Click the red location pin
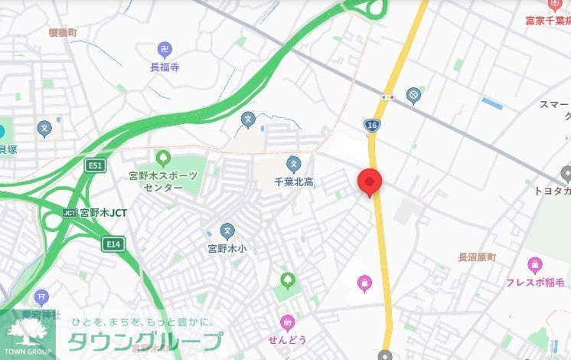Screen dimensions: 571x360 click(x=370, y=182)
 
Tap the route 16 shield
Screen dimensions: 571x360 click(x=373, y=124)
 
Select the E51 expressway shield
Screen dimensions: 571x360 click(x=95, y=165)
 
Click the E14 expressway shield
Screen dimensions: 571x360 click(x=113, y=244)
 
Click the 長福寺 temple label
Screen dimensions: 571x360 click(x=165, y=67)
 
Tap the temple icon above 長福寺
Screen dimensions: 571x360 click(x=165, y=49)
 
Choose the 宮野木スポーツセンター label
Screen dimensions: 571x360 click(x=162, y=182)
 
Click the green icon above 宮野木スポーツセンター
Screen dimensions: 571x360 click(x=162, y=158)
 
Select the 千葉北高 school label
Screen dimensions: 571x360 click(x=295, y=182)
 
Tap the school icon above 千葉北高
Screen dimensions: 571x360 click(x=293, y=163)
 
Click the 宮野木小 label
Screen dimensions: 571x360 click(x=227, y=249)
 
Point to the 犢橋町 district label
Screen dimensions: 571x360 click(x=63, y=33)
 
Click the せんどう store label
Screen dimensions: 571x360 click(x=287, y=339)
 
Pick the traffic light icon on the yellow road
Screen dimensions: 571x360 click(x=387, y=97)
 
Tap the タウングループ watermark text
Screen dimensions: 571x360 click(x=145, y=342)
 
